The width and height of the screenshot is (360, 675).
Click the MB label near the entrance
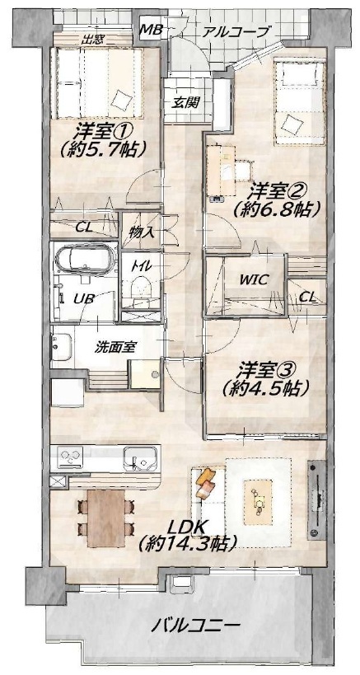pos(151,30)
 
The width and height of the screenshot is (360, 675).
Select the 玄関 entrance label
pos(186,102)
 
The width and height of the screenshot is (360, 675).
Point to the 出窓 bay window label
pos(91,41)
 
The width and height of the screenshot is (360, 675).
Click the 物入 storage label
pos(142,233)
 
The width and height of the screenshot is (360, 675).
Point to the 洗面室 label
pos(115,346)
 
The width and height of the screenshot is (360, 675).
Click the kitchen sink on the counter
pos(140,459)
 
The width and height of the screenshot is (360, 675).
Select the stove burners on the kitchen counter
pos(70,456)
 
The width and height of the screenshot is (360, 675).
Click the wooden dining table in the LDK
pos(105,518)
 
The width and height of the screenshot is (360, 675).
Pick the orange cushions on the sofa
pos(205,483)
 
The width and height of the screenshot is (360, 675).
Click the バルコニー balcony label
pos(194,625)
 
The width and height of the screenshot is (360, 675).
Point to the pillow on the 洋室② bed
pos(291,122)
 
